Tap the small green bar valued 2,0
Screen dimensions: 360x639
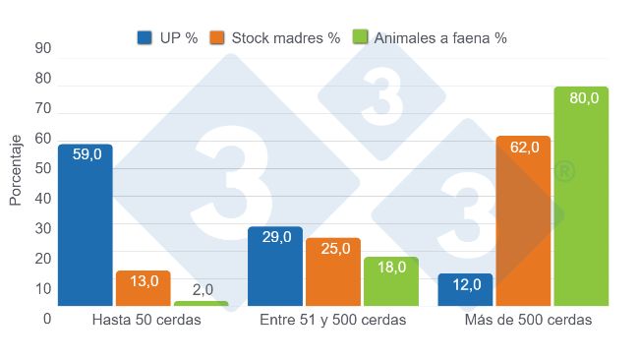pyautogui.click(x=201, y=304)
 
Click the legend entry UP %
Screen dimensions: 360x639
pyautogui.click(x=168, y=37)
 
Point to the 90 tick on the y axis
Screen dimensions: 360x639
pyautogui.click(x=42, y=48)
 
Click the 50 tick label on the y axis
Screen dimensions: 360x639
pyautogui.click(x=42, y=168)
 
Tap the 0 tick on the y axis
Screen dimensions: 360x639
pyautogui.click(x=46, y=319)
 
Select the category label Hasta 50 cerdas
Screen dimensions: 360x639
pyautogui.click(x=145, y=322)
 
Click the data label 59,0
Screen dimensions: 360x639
pyautogui.click(x=86, y=154)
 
